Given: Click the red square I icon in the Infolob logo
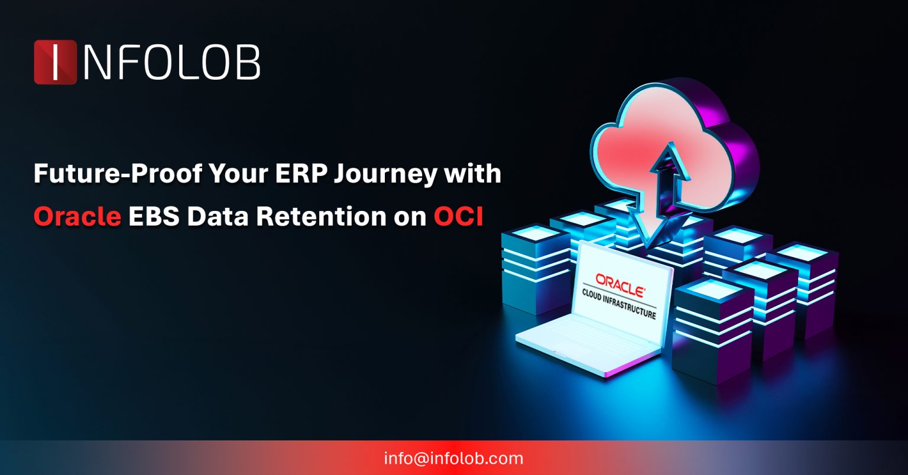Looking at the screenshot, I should [x=55, y=62].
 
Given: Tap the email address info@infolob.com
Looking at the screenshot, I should [x=453, y=458].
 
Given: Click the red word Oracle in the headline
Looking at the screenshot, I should [x=77, y=217].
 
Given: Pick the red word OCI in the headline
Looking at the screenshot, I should [x=458, y=217].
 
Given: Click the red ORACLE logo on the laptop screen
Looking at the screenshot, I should [x=620, y=282].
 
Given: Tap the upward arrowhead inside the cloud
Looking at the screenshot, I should [x=667, y=157].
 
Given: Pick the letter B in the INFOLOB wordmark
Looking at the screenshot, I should [x=247, y=62].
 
